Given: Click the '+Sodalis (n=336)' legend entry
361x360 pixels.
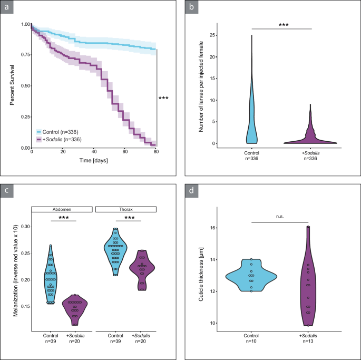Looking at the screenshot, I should coord(58,139).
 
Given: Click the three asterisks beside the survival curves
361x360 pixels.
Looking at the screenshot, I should coord(164,99).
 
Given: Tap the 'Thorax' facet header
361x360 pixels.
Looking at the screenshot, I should coord(125,209).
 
